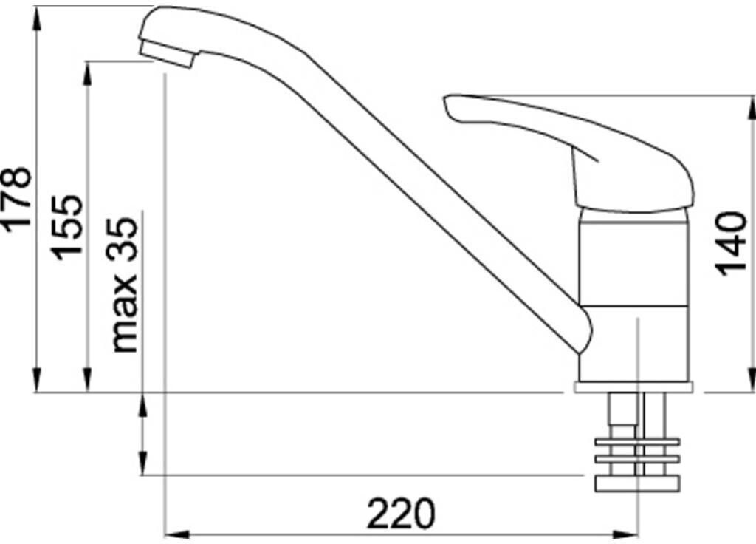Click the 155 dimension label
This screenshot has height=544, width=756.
(67, 228)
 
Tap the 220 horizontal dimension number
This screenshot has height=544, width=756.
(401, 514)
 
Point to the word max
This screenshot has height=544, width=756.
(124, 313)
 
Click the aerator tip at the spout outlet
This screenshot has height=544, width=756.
(167, 54)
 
